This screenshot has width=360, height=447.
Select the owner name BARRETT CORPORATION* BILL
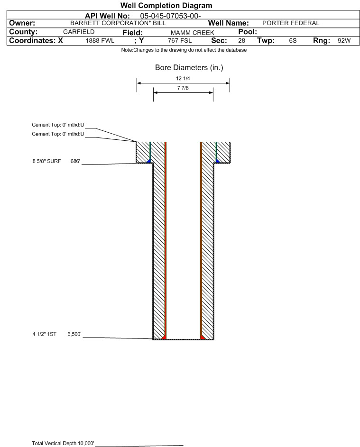pyautogui.click(x=118, y=23)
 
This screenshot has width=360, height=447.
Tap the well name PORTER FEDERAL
pyautogui.click(x=288, y=23)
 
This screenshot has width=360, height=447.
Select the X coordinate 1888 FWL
pyautogui.click(x=100, y=41)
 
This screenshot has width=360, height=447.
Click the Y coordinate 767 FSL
pyautogui.click(x=180, y=41)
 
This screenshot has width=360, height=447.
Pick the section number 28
pyautogui.click(x=241, y=41)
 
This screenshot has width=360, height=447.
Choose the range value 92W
pyautogui.click(x=344, y=41)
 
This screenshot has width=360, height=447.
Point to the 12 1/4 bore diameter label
pyautogui.click(x=183, y=78)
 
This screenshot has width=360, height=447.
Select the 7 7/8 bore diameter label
pyautogui.click(x=183, y=88)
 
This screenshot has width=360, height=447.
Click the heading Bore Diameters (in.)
pyautogui.click(x=189, y=68)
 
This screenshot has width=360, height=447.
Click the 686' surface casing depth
pyautogui.click(x=76, y=161)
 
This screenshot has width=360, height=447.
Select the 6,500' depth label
pyautogui.click(x=74, y=334)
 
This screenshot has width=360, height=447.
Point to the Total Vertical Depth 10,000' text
pyautogui.click(x=63, y=443)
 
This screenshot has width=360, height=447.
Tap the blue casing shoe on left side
pyautogui.click(x=149, y=161)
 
